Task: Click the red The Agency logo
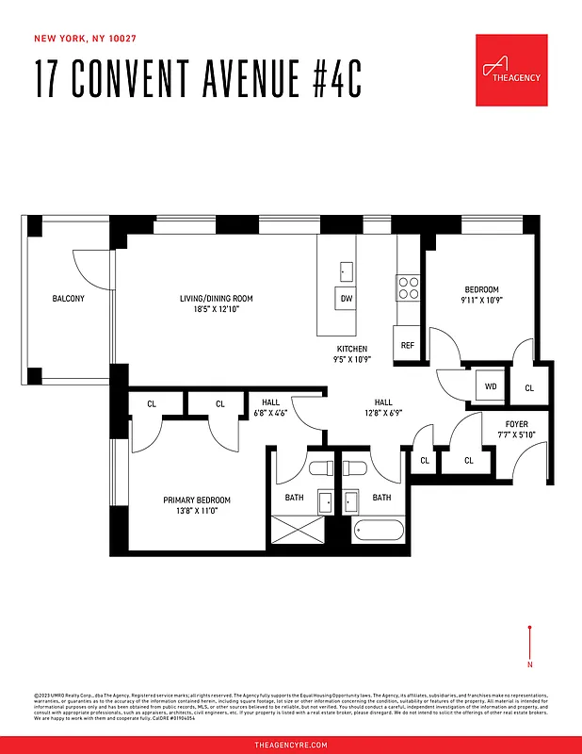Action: (x=511, y=70)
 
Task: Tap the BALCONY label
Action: (x=69, y=299)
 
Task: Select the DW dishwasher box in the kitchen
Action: (x=346, y=299)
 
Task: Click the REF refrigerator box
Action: (x=408, y=346)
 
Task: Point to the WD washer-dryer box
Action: (x=491, y=386)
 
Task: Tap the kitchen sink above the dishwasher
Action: (x=346, y=271)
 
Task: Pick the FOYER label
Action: (x=517, y=423)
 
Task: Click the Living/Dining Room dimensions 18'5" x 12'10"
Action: (x=216, y=309)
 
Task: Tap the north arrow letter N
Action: (x=530, y=665)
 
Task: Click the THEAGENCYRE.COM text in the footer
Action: (x=291, y=745)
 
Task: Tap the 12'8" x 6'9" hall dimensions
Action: (x=383, y=412)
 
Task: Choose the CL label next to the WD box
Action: (x=528, y=387)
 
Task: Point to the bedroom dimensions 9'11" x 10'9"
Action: (x=481, y=301)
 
